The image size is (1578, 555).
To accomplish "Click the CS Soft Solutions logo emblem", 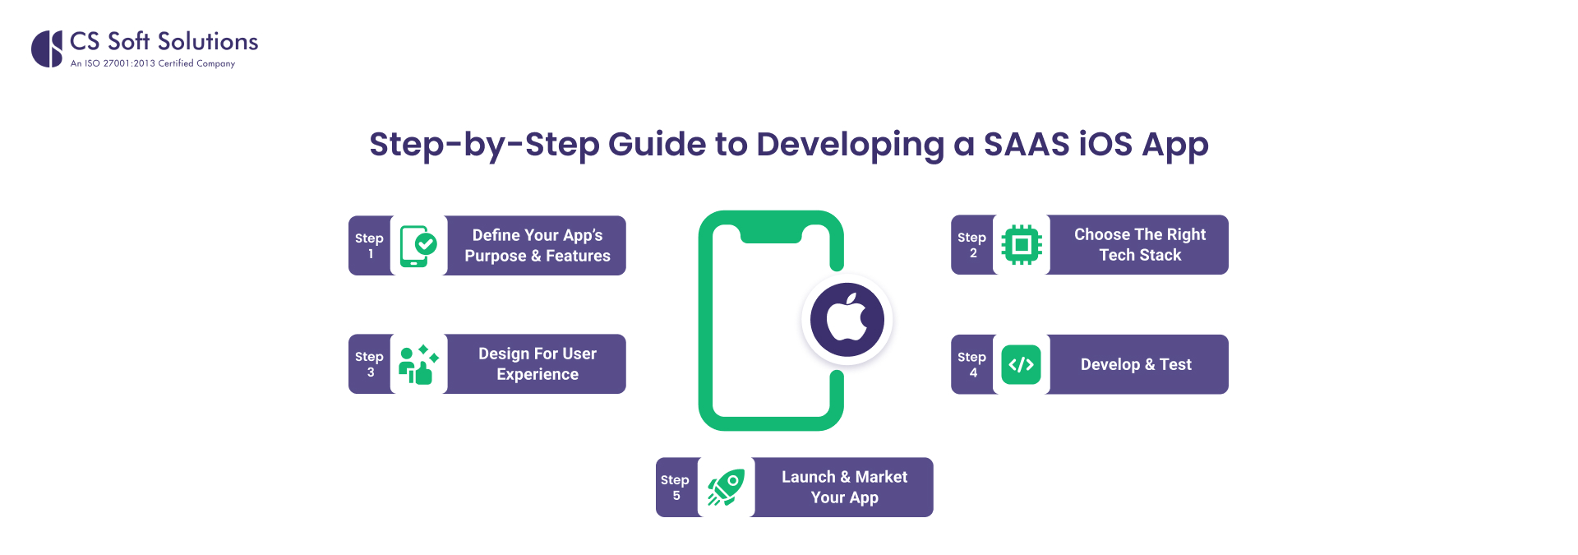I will pos(47,49).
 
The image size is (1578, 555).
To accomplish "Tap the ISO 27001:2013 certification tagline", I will pos(153,63).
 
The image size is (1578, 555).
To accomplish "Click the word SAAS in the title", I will pos(1026,144).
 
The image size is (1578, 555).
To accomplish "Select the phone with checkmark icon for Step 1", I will pos(418,246).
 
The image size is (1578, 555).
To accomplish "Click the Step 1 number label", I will pos(369,246).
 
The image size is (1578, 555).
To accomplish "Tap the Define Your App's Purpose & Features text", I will pos(538,246).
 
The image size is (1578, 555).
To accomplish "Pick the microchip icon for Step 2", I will pos(1022,245).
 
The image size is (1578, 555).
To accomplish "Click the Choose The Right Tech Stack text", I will pos(1140,245).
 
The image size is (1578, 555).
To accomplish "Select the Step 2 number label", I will pos(971,245).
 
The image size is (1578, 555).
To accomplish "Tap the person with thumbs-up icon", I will pos(418,364).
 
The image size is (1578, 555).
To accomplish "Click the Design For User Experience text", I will pos(538,364).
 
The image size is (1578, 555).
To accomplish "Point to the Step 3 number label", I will pos(369,364).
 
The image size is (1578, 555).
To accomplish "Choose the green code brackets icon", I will pos(1021,364).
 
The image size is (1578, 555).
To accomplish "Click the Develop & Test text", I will pos(1136,364).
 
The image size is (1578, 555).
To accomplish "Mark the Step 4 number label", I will pos(971,364).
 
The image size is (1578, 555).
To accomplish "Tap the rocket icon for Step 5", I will pos(726,488).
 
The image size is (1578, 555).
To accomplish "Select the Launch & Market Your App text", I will pos(844,488).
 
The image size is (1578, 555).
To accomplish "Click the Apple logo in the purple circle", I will pos(847,319).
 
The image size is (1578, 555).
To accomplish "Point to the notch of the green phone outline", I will pos(771,235).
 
